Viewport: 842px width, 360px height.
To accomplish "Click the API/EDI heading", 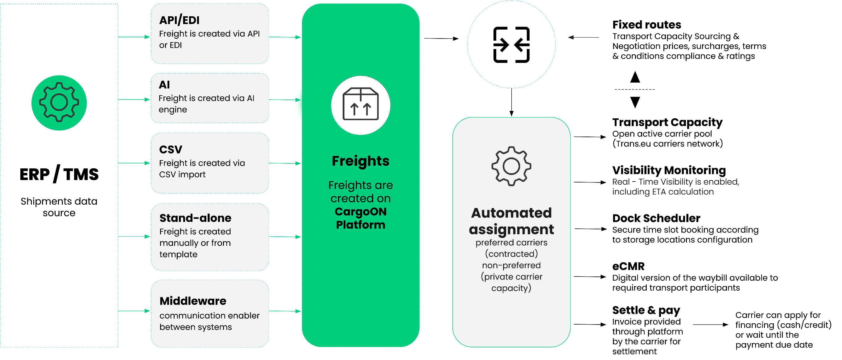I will click(x=179, y=20).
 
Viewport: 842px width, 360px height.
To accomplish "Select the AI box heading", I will click(x=164, y=85).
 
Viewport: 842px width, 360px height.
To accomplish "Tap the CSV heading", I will click(x=171, y=149).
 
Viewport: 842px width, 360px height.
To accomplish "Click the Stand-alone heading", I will click(x=195, y=218).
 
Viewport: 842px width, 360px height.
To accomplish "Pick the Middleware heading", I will click(x=193, y=301).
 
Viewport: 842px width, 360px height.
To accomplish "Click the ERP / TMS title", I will click(x=59, y=174).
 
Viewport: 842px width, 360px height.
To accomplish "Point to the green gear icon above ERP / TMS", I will click(x=59, y=103).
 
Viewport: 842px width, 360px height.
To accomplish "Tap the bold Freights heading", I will click(x=361, y=161).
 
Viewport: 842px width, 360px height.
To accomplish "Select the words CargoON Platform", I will click(x=361, y=218).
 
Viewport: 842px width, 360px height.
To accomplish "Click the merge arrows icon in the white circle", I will click(x=511, y=45).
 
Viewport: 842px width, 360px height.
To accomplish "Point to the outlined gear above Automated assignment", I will click(x=511, y=166).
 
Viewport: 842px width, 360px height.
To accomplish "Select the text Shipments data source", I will click(x=59, y=207).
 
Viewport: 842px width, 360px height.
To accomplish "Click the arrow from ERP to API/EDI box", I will click(x=134, y=37).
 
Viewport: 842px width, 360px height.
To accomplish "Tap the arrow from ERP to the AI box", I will click(x=134, y=99).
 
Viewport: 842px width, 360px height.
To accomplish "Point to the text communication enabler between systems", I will click(x=209, y=321).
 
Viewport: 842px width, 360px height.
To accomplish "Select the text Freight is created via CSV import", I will click(x=202, y=169).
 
